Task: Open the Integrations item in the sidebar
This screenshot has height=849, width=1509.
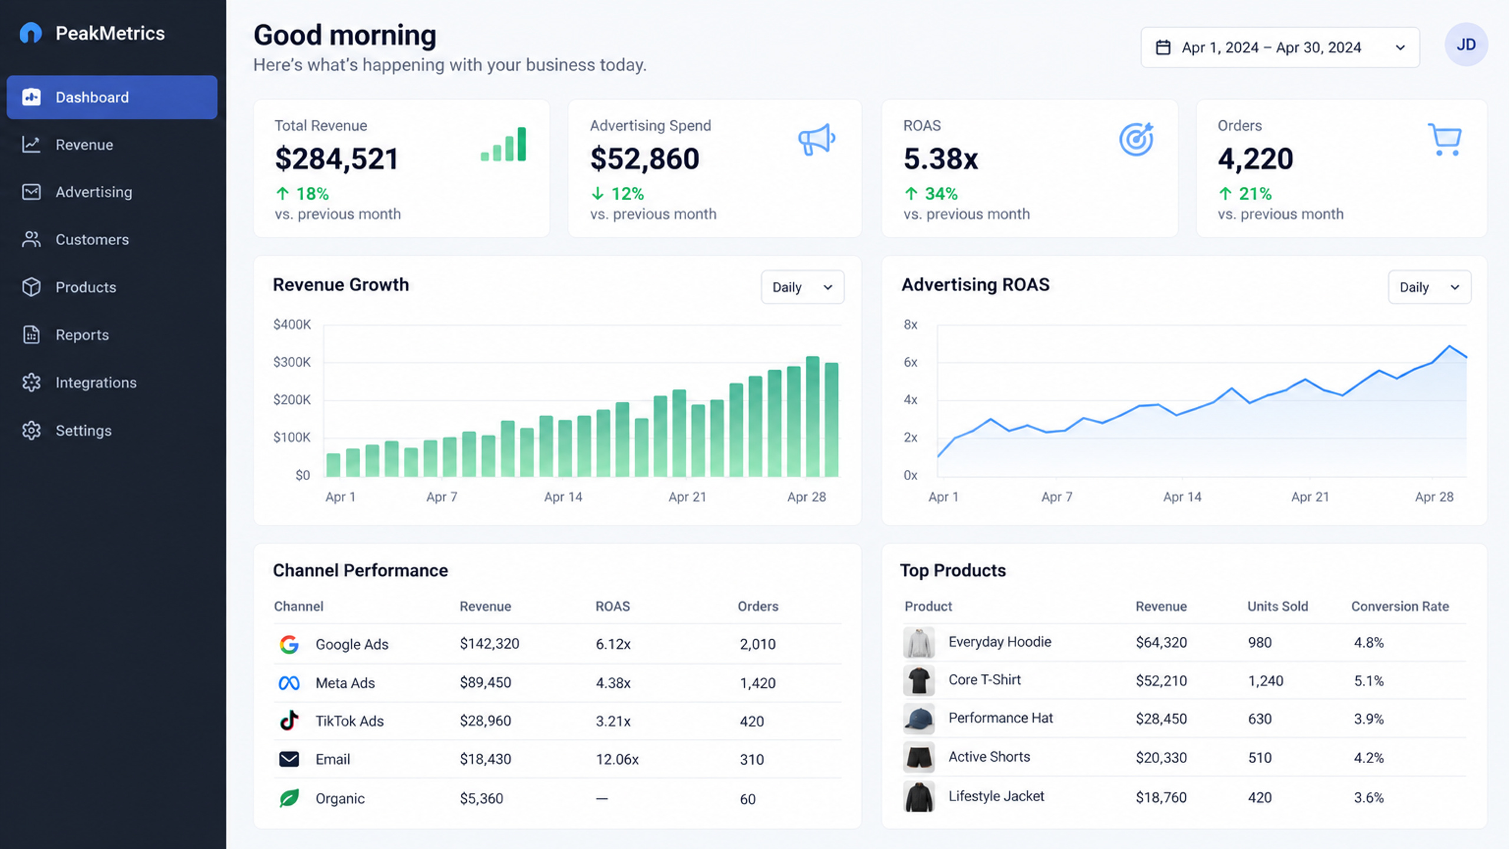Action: [x=96, y=383]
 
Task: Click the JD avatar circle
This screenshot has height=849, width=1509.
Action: [x=1466, y=45]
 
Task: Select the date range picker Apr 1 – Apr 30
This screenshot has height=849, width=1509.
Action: [x=1280, y=47]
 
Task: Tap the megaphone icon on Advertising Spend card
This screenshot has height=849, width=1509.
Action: [x=816, y=140]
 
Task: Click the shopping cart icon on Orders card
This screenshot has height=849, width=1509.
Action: [x=1445, y=140]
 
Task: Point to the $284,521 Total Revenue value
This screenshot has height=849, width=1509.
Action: [x=337, y=159]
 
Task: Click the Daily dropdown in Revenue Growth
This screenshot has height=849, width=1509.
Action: [x=802, y=287]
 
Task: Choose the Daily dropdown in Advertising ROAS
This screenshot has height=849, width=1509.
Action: [x=1429, y=287]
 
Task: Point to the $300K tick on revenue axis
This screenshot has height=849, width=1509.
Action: [x=292, y=362]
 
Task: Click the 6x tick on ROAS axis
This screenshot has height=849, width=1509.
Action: [x=911, y=362]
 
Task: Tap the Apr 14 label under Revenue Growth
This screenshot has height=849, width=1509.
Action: [x=563, y=497]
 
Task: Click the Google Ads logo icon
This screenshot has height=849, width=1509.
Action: [x=289, y=644]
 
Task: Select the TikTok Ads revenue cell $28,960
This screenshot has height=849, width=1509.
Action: [x=486, y=721]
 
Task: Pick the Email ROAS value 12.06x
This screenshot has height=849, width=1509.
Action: [x=617, y=759]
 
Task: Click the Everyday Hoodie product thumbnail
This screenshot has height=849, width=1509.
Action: [x=919, y=643]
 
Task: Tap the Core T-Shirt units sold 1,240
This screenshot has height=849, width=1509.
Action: [x=1266, y=681]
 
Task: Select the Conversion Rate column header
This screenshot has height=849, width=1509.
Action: [x=1400, y=606]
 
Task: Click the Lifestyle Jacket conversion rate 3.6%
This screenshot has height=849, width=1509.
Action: [x=1369, y=798]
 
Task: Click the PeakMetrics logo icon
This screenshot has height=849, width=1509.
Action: [x=31, y=33]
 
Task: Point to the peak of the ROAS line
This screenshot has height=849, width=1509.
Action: [x=1449, y=346]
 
